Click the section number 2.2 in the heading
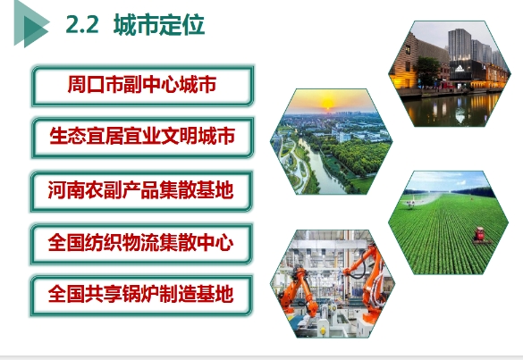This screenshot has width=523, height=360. (82, 24)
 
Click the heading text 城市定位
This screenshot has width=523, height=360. (159, 24)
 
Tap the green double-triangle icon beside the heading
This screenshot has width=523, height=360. (31, 24)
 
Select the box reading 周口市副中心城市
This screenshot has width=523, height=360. (142, 86)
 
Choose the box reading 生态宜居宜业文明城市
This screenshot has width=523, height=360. (142, 138)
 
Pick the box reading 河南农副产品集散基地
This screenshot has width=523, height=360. (141, 191)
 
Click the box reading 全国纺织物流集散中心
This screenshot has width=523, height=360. (141, 244)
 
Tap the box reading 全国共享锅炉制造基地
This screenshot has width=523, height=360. (141, 296)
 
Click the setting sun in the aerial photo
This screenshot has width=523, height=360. (327, 103)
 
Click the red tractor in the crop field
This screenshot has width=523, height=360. (479, 234)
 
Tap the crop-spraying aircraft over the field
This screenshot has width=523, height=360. (412, 203)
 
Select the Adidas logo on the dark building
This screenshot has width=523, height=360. (460, 68)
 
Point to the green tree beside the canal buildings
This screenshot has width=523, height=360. (426, 71)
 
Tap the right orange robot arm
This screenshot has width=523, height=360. (366, 282)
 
